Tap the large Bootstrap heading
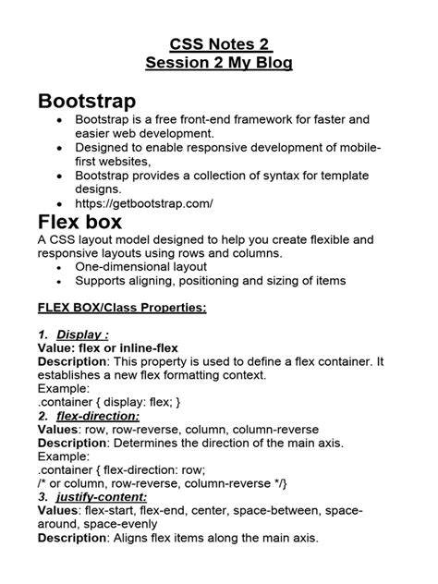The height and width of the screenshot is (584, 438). click(87, 100)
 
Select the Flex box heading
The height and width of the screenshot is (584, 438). click(82, 222)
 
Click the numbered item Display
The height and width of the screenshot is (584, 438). click(82, 334)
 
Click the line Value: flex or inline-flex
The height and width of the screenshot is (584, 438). click(108, 347)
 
